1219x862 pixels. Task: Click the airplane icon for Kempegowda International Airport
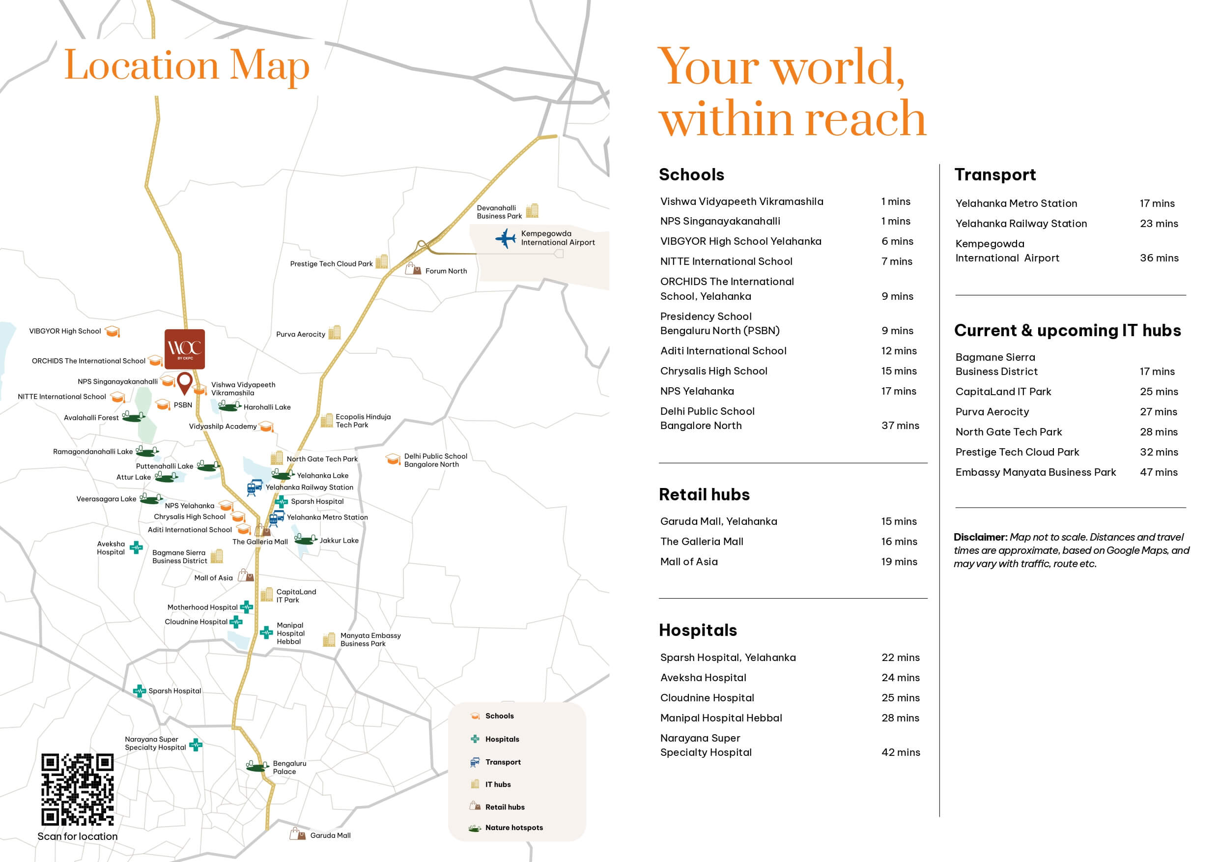click(x=506, y=238)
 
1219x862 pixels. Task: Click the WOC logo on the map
click(x=184, y=349)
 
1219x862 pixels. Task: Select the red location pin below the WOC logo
click(x=184, y=382)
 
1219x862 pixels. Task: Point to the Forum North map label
click(x=446, y=271)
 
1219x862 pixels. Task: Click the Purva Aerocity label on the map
click(x=301, y=334)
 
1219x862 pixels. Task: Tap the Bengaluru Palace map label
click(x=289, y=768)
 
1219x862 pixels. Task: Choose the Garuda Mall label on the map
click(x=330, y=835)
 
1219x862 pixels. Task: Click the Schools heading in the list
click(x=691, y=175)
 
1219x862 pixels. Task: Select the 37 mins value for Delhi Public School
click(x=900, y=426)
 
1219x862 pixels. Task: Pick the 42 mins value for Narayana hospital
click(x=901, y=752)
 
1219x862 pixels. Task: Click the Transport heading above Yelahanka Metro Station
click(x=995, y=175)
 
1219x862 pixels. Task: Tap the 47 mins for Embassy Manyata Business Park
click(x=1159, y=472)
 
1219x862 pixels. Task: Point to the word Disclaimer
click(x=980, y=537)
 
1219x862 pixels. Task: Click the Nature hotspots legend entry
click(x=513, y=828)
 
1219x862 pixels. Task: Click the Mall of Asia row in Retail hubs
click(x=689, y=561)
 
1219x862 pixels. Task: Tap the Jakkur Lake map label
click(x=339, y=540)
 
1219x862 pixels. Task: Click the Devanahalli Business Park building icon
click(x=532, y=211)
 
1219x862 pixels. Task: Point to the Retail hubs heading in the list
click(x=704, y=494)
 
